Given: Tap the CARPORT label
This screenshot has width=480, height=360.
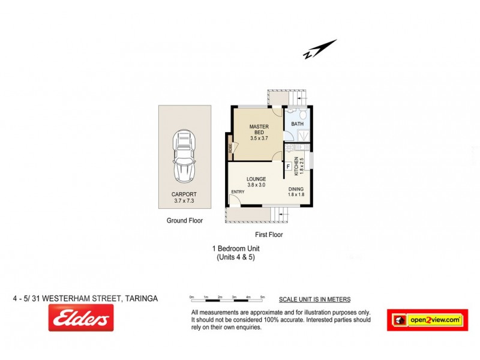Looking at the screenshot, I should point(185,195).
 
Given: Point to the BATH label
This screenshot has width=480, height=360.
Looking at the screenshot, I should point(297,124).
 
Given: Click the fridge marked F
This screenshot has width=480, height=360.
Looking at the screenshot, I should point(288,166).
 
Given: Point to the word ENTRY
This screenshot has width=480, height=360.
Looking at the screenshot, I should point(238,192).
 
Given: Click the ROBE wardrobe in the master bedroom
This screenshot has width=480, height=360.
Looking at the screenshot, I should point(230,148).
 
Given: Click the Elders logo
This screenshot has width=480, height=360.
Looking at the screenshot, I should point(80,318).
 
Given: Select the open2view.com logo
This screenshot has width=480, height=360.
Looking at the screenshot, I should point(427,320).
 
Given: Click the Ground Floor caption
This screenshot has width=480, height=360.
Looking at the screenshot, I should point(185,221).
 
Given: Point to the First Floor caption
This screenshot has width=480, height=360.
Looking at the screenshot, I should point(268,235).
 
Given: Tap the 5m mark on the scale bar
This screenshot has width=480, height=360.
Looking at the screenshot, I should point(263,298).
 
